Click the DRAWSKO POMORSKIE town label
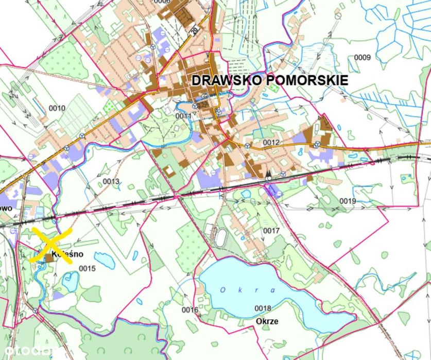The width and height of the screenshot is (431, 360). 269,80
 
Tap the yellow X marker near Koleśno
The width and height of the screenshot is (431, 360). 50,245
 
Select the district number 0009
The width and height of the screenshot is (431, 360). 363,57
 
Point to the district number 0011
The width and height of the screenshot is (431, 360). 183,116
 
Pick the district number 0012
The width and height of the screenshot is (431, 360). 271,142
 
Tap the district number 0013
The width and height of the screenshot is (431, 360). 111,181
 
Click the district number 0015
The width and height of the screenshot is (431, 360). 88,268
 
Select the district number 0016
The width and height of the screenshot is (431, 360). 190,310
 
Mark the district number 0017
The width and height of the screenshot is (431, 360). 271,231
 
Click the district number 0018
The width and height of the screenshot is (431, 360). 263,308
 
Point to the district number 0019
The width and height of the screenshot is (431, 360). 348,200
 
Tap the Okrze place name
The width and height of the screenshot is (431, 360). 267,321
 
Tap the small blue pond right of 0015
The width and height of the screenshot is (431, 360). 105,260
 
